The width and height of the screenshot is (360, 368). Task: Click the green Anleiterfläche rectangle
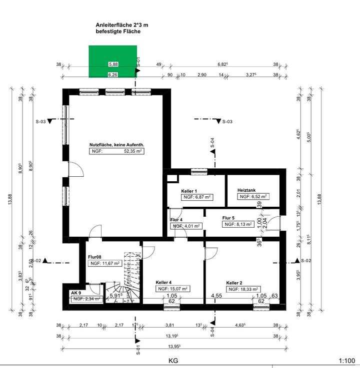pyautogui.click(x=113, y=61)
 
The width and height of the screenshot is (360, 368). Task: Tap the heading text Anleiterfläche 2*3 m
pyautogui.click(x=122, y=24)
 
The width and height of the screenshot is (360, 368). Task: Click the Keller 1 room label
pyautogui.click(x=188, y=191)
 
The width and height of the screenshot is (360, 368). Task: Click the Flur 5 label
pyautogui.click(x=229, y=218)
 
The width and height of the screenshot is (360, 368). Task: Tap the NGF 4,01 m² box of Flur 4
pyautogui.click(x=187, y=226)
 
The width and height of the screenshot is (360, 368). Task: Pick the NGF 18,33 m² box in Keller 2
pyautogui.click(x=243, y=289)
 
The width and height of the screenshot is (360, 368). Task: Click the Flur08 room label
pyautogui.click(x=94, y=257)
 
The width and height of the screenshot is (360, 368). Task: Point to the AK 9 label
pyautogui.click(x=76, y=293)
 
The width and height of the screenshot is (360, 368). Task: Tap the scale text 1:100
pyautogui.click(x=346, y=360)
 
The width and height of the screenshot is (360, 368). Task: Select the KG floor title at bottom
pyautogui.click(x=173, y=360)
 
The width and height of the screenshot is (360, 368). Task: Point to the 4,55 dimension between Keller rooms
pyautogui.click(x=216, y=295)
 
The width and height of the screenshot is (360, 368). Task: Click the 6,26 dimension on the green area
pyautogui.click(x=113, y=75)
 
